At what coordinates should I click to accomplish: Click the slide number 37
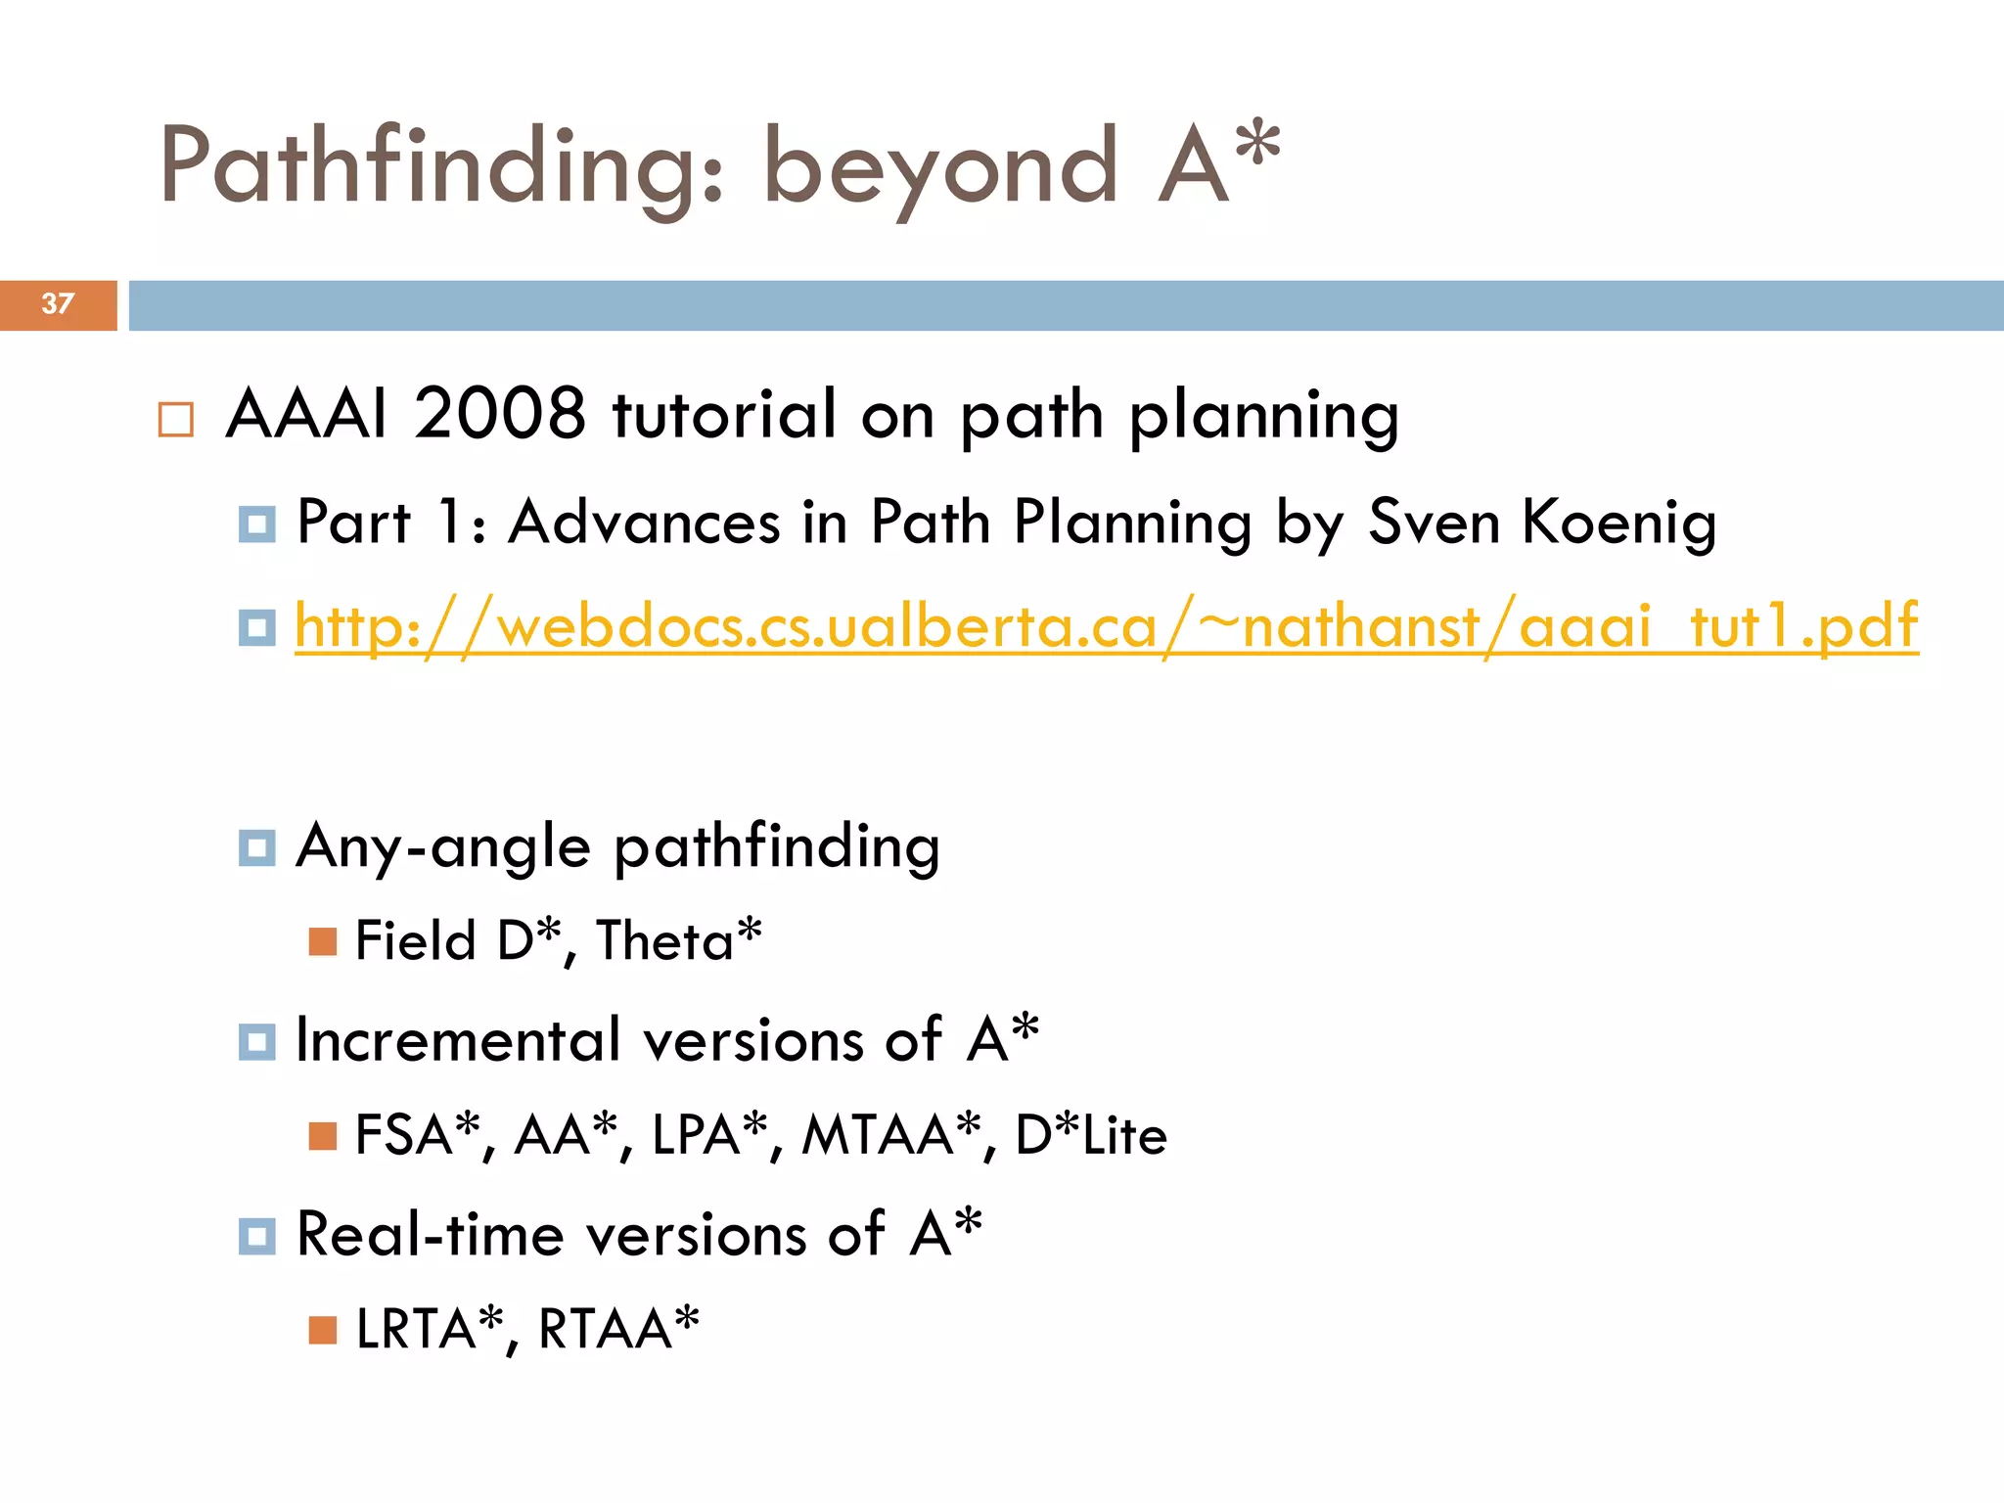(57, 304)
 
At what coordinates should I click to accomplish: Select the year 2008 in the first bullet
(499, 414)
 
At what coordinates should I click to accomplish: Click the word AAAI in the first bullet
(306, 414)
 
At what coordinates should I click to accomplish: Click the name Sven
(1434, 523)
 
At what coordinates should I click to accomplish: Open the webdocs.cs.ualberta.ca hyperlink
(1106, 626)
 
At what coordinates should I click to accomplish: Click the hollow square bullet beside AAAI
(176, 420)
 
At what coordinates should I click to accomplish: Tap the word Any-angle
(442, 847)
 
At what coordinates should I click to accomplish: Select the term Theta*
(679, 940)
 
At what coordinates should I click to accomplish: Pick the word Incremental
(458, 1040)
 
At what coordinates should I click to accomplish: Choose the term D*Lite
(1091, 1135)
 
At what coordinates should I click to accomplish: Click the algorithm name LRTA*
(429, 1329)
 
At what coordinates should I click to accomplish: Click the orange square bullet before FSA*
(322, 1136)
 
